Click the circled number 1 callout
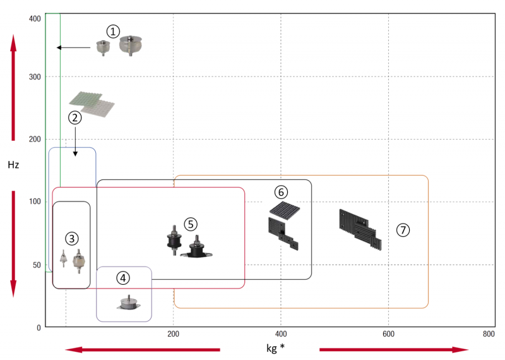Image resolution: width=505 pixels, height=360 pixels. (112, 30)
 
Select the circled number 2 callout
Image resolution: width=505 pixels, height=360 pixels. (75, 117)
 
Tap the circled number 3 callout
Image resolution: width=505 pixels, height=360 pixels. (72, 238)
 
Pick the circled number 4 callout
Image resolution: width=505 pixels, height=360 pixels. (123, 277)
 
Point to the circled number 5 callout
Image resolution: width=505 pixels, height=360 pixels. (191, 224)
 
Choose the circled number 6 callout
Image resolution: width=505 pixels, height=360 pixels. (281, 191)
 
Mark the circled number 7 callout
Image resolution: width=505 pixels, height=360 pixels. (403, 230)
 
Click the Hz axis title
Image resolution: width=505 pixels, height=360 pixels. (13, 165)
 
